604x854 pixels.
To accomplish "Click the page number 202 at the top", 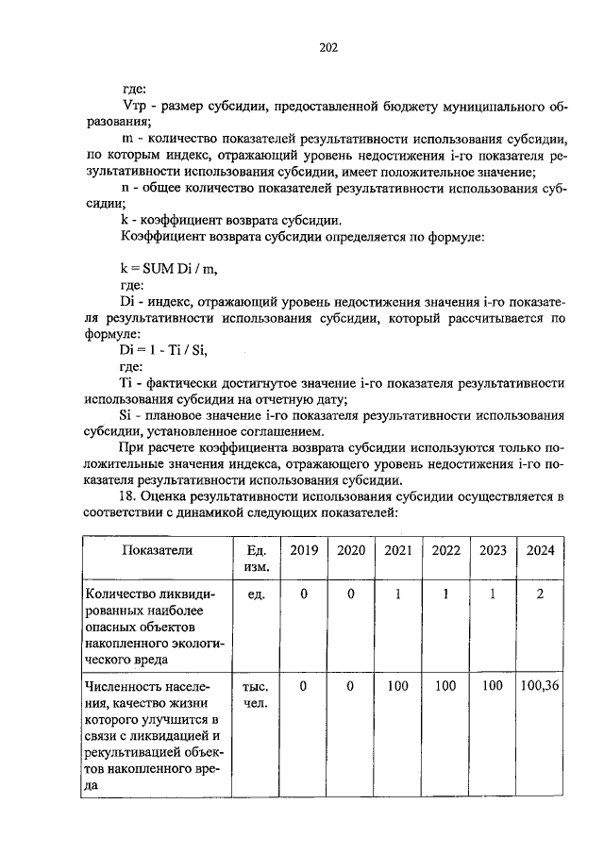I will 328,48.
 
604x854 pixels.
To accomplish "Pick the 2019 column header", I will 304,550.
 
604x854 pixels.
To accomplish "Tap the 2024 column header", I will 540,550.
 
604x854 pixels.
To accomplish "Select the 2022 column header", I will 445,550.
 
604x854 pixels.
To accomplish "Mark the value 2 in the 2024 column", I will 540,594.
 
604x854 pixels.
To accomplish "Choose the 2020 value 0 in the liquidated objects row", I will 350,594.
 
